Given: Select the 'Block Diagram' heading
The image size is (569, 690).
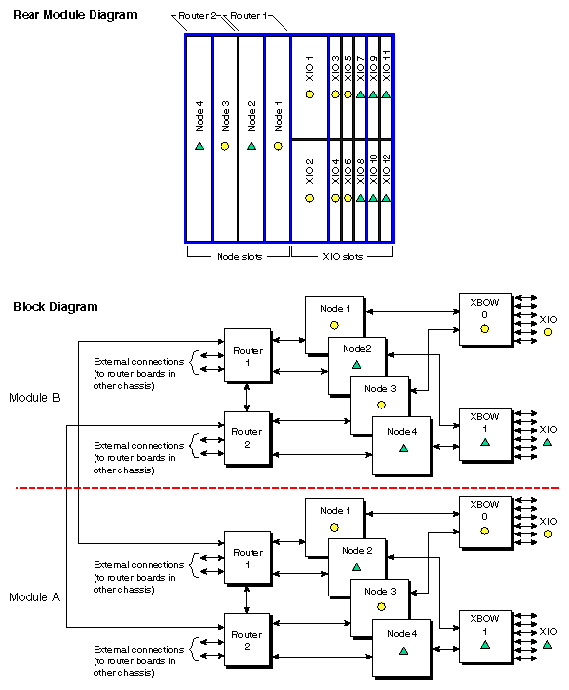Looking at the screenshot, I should [x=55, y=307].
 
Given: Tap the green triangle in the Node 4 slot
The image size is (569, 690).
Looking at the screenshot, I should [x=199, y=146].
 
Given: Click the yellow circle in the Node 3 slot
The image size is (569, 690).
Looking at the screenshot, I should [x=224, y=146].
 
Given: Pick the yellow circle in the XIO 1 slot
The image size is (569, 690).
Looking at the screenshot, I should [x=309, y=94].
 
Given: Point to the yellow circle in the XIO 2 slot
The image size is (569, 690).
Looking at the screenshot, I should [x=309, y=198].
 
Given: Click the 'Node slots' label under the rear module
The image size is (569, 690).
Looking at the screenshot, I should [x=237, y=256].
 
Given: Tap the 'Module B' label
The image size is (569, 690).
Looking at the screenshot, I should [x=35, y=398].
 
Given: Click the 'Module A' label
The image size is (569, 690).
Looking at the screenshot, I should [x=35, y=597].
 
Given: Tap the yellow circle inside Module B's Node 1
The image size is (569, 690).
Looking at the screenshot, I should [x=335, y=324].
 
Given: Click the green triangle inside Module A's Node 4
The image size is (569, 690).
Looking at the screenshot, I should [x=403, y=651].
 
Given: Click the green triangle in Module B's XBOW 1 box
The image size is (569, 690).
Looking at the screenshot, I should [x=484, y=444].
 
